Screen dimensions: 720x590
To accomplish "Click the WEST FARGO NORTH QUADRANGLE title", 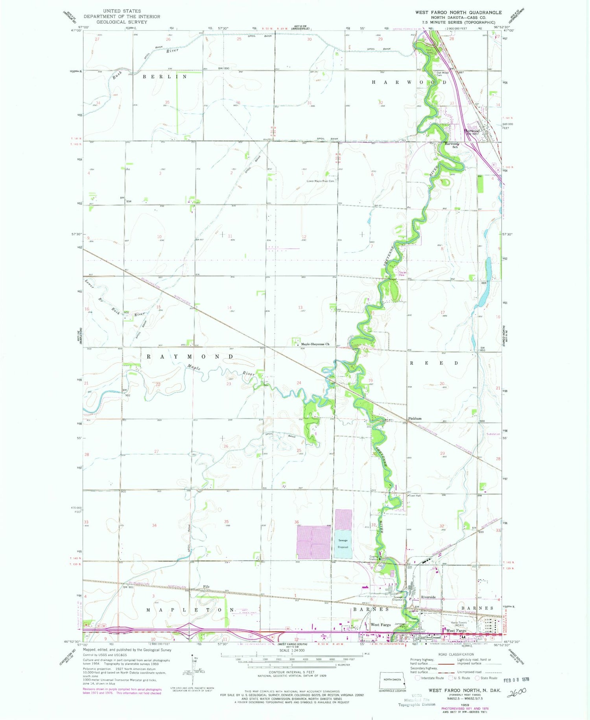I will (x=458, y=12).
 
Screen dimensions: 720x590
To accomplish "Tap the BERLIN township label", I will (x=165, y=77).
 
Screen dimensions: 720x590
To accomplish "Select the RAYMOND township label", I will (x=190, y=356).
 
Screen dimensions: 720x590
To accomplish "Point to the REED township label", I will (x=434, y=363).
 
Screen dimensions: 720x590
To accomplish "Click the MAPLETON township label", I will (x=190, y=610).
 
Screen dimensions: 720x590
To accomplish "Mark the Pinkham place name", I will (x=415, y=419).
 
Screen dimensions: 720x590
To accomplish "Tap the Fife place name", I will (x=206, y=587).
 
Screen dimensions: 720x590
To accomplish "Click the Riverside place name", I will (x=428, y=597).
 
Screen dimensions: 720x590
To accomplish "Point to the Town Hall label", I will (x=415, y=496).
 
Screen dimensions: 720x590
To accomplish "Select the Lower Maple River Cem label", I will (x=321, y=181).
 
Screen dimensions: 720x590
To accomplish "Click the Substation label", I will (x=493, y=434).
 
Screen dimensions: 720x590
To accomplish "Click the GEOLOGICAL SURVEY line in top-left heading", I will (x=122, y=22).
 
